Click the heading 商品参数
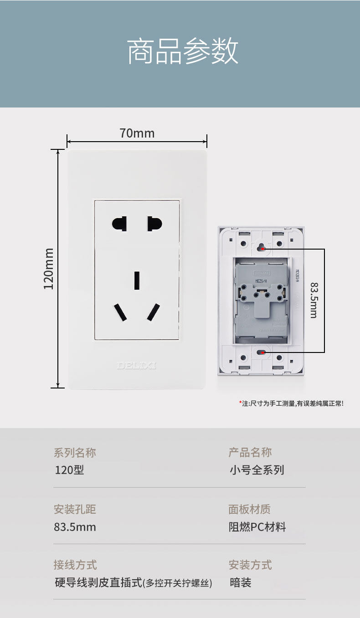pos(182,52)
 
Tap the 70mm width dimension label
pos(137,133)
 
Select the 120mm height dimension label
pos(49,268)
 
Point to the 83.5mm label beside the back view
pos(314,300)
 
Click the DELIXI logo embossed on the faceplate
pos(136,365)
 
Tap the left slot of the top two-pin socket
pos(119,224)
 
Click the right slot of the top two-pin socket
pos(154,224)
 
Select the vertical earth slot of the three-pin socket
pos(137,280)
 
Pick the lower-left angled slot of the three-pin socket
pos(120,312)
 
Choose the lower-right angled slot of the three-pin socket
pos(154,312)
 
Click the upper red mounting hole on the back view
pos(262,249)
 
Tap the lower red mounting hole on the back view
pos(262,352)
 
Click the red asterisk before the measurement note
pos(240,403)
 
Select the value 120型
pos(69,470)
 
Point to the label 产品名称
pos(250,452)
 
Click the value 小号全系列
pos(257,470)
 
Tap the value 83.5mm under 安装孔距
pos(75,527)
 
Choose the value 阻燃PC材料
pos(257,527)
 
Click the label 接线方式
pos(75,565)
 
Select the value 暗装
pos(240,582)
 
